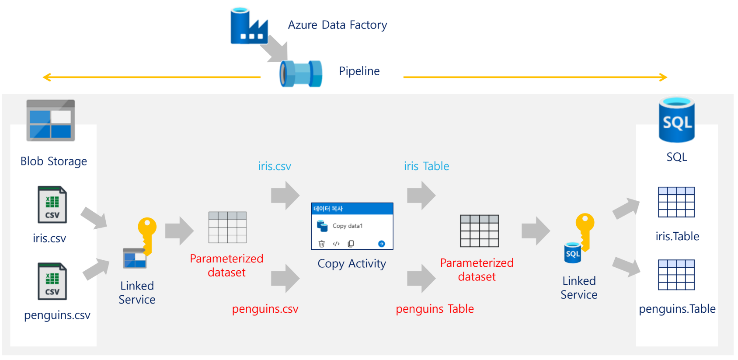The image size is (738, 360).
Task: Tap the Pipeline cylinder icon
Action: pyautogui.click(x=301, y=73)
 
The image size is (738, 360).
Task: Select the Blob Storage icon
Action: pyautogui.click(x=51, y=120)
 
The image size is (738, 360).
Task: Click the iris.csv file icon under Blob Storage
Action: pyautogui.click(x=52, y=205)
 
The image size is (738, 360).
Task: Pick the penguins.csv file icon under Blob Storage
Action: pyautogui.click(x=52, y=281)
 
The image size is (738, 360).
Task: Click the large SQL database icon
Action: pyautogui.click(x=676, y=120)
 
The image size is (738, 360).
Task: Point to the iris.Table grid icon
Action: pyautogui.click(x=676, y=202)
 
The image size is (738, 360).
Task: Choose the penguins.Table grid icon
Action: pyautogui.click(x=676, y=275)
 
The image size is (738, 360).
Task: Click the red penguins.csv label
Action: pyautogui.click(x=265, y=309)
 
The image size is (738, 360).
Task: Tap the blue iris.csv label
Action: pyautogui.click(x=274, y=166)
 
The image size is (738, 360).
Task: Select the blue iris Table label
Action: pyautogui.click(x=426, y=166)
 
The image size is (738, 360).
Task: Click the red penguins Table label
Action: pyautogui.click(x=435, y=309)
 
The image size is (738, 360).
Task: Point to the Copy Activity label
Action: pyautogui.click(x=352, y=264)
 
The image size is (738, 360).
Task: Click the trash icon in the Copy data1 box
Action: pyautogui.click(x=322, y=244)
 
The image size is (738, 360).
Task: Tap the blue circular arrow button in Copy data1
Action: pyautogui.click(x=381, y=244)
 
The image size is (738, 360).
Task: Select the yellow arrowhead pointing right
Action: pyautogui.click(x=663, y=77)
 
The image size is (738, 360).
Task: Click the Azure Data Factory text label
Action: pyautogui.click(x=337, y=25)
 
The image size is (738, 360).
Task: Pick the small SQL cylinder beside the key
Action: pyautogui.click(x=573, y=253)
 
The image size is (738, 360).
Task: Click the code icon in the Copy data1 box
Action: pyautogui.click(x=336, y=244)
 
